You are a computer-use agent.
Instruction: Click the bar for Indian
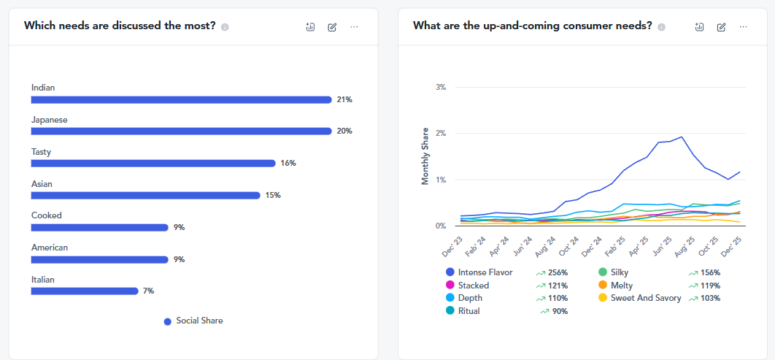click(x=181, y=99)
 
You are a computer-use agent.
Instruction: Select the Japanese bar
click(x=181, y=131)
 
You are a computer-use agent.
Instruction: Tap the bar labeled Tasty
click(x=153, y=163)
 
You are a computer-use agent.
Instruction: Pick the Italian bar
click(x=85, y=291)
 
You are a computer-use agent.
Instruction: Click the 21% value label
click(x=344, y=99)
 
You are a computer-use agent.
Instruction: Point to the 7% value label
click(x=148, y=291)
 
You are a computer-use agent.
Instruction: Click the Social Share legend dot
click(x=168, y=321)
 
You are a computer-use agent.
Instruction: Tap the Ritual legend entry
click(x=469, y=311)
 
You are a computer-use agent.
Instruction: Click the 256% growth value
click(x=558, y=272)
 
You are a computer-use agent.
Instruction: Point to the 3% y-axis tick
click(x=440, y=87)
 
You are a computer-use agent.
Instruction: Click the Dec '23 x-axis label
click(x=452, y=246)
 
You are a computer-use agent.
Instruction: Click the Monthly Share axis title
click(x=425, y=156)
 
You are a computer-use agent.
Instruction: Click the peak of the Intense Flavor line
click(x=682, y=137)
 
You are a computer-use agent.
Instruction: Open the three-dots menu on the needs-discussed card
click(x=354, y=27)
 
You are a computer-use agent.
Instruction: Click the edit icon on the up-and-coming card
click(x=721, y=27)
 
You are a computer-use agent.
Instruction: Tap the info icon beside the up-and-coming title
click(x=661, y=27)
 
